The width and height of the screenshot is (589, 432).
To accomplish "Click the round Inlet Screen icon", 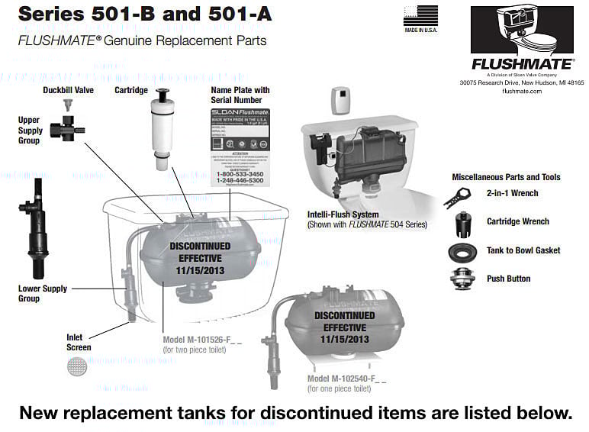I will tap(76, 367).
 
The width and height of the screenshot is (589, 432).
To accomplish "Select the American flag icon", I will tap(420, 15).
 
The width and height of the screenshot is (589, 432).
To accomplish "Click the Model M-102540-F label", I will tap(346, 379).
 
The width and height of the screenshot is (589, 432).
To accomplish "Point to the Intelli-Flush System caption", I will tap(343, 214).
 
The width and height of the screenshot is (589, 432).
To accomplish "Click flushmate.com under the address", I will tap(521, 91).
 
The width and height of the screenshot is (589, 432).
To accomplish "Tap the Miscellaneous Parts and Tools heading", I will tap(506, 177).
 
